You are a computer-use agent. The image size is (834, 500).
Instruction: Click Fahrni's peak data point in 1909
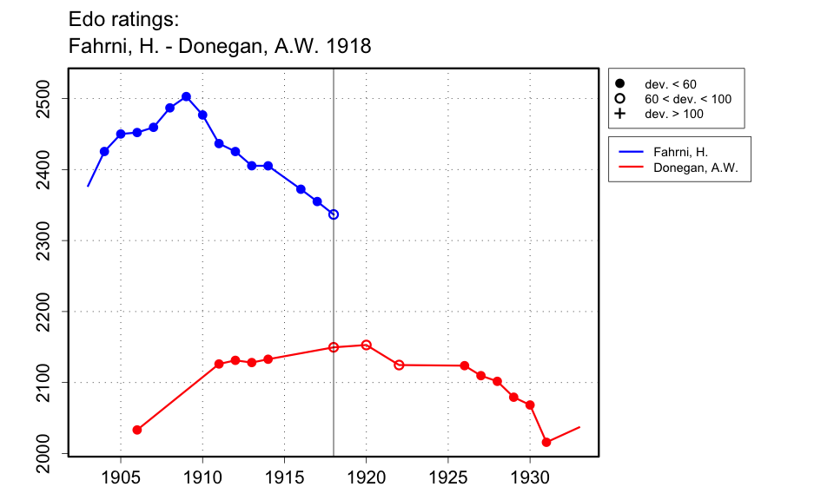click(x=186, y=96)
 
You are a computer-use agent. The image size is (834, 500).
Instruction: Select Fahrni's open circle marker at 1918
click(x=334, y=214)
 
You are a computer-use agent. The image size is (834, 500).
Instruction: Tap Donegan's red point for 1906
click(x=137, y=430)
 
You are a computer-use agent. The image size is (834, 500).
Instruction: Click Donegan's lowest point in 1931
click(x=546, y=443)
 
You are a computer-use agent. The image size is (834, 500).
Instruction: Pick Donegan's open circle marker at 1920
click(x=366, y=345)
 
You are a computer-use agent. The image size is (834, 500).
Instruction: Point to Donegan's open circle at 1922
click(x=399, y=365)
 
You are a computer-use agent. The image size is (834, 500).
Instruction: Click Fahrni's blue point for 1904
click(x=104, y=151)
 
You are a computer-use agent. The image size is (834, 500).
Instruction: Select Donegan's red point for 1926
click(x=465, y=365)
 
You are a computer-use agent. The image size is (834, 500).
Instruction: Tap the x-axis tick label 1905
click(x=121, y=478)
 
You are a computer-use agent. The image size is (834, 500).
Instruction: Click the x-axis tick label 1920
click(x=366, y=478)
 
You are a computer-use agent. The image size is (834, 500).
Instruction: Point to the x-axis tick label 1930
click(x=530, y=478)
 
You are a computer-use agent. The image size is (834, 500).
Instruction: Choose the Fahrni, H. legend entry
click(x=686, y=151)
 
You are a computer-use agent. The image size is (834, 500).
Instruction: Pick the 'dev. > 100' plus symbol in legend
click(x=620, y=114)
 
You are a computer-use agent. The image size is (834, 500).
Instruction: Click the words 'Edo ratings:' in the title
click(x=123, y=18)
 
